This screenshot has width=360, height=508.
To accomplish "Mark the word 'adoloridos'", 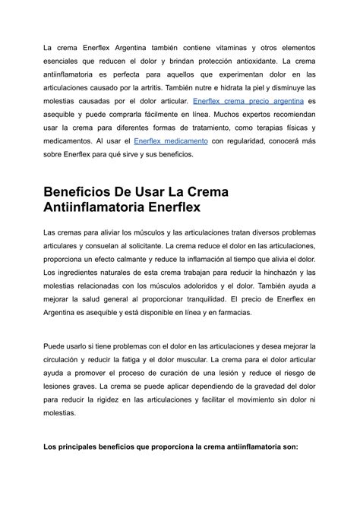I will [220, 286].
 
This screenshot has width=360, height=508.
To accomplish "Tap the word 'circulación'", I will [66, 359].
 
